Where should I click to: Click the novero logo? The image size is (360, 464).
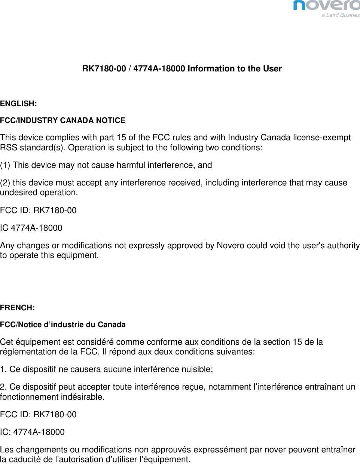tap(326, 5)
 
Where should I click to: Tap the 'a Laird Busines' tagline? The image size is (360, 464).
tap(341, 15)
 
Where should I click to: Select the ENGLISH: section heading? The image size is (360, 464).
tap(18, 104)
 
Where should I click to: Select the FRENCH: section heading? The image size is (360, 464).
tap(17, 308)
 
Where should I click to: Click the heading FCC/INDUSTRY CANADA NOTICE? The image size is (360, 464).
tap(62, 120)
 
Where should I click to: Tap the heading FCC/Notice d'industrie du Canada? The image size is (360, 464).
tap(62, 325)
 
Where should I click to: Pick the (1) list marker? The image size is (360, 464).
tap(5, 165)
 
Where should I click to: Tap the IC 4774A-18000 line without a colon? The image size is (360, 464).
tap(31, 228)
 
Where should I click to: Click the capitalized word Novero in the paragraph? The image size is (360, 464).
tap(231, 246)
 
